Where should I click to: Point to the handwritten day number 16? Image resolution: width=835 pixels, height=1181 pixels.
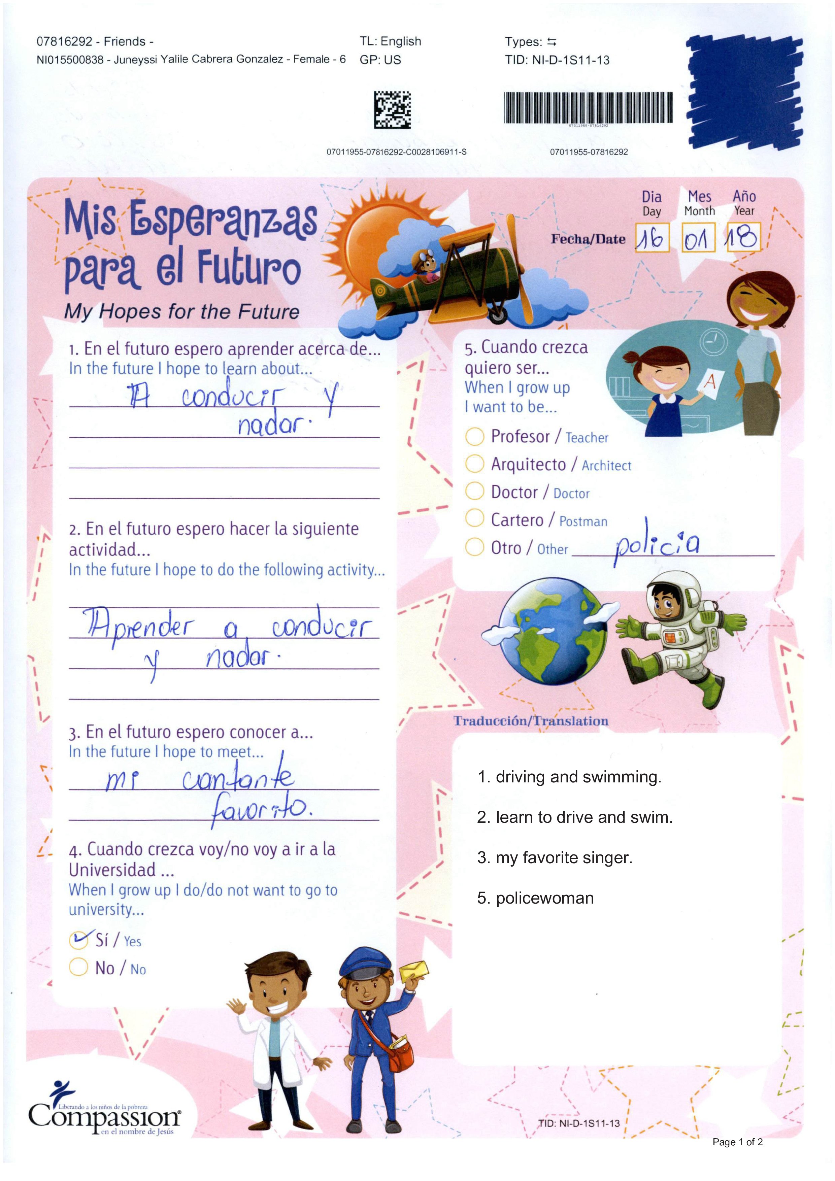tap(651, 238)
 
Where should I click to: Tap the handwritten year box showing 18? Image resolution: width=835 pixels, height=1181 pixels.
tap(743, 237)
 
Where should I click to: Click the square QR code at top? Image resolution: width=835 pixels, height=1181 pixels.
tap(392, 109)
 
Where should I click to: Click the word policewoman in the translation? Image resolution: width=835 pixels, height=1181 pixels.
tap(544, 898)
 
